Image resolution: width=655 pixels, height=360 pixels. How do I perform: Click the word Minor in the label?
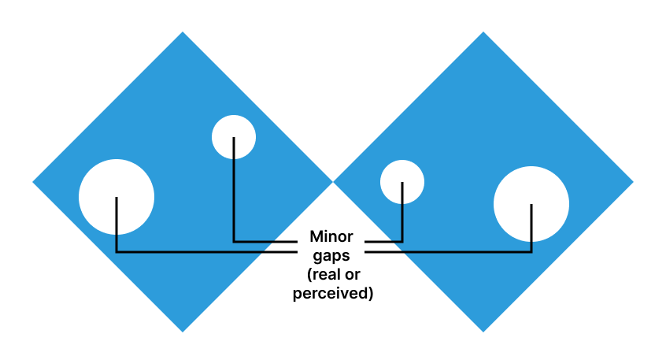coord(331,236)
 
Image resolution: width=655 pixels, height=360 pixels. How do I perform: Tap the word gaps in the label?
coord(331,256)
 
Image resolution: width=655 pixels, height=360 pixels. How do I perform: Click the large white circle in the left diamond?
coord(117,197)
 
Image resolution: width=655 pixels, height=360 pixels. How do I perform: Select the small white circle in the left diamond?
coord(234,136)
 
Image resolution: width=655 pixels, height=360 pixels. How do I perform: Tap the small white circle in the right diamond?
coord(402,182)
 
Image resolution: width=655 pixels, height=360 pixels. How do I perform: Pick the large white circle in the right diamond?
coord(531,204)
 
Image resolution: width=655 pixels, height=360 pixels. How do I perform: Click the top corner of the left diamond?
coord(183,33)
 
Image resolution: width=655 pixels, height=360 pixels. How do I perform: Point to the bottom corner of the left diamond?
coord(183,331)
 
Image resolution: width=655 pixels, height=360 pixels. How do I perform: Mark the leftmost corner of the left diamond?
coord(34,182)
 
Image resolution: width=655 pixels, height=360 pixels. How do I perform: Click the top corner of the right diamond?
coord(483,33)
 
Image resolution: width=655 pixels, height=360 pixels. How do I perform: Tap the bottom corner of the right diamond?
coord(483,331)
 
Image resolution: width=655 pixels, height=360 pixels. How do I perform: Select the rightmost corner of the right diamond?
coord(632,182)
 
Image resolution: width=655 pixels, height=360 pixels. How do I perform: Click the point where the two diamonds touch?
coord(333,182)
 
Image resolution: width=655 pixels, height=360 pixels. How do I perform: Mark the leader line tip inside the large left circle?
coord(117,198)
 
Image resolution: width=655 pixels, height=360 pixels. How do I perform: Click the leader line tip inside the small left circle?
coord(234,139)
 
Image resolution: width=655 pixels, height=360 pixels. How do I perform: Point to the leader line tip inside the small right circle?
coord(402,184)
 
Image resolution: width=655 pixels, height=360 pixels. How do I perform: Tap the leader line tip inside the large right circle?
coord(531,206)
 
